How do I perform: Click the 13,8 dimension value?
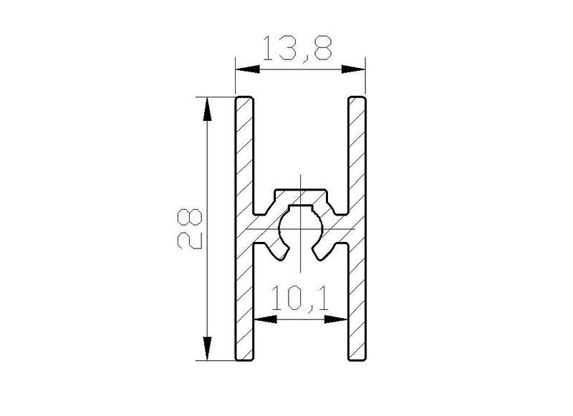(297, 49)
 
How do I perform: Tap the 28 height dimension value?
(190, 229)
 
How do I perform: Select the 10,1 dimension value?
(299, 299)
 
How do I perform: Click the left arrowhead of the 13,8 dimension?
(247, 69)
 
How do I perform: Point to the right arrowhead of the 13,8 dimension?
(353, 69)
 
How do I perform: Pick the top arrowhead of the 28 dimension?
(207, 109)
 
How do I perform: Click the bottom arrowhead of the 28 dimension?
(207, 349)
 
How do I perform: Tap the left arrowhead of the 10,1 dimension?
(265, 319)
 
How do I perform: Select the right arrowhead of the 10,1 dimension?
(336, 319)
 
